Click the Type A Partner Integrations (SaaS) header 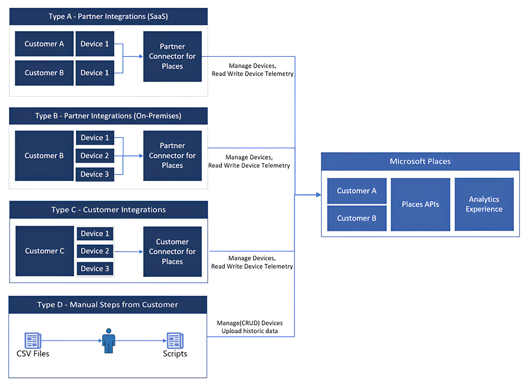pos(108,16)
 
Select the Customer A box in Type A pos(44,44)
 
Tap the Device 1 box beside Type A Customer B pos(95,73)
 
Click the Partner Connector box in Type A pos(172,56)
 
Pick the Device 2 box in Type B pos(95,156)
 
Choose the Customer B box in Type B pos(44,156)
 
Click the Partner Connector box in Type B pos(172,156)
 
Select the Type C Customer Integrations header pos(108,209)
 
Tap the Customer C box pos(45,251)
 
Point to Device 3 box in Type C pos(95,268)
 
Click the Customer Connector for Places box pos(172,252)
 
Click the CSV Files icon pos(33,341)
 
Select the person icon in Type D pos(109,341)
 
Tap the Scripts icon pos(174,341)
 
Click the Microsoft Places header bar pos(420,161)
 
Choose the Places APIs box pos(420,204)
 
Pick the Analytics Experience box pos(484,204)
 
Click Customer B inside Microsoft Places pos(357,218)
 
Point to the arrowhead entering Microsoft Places pos(318,195)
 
